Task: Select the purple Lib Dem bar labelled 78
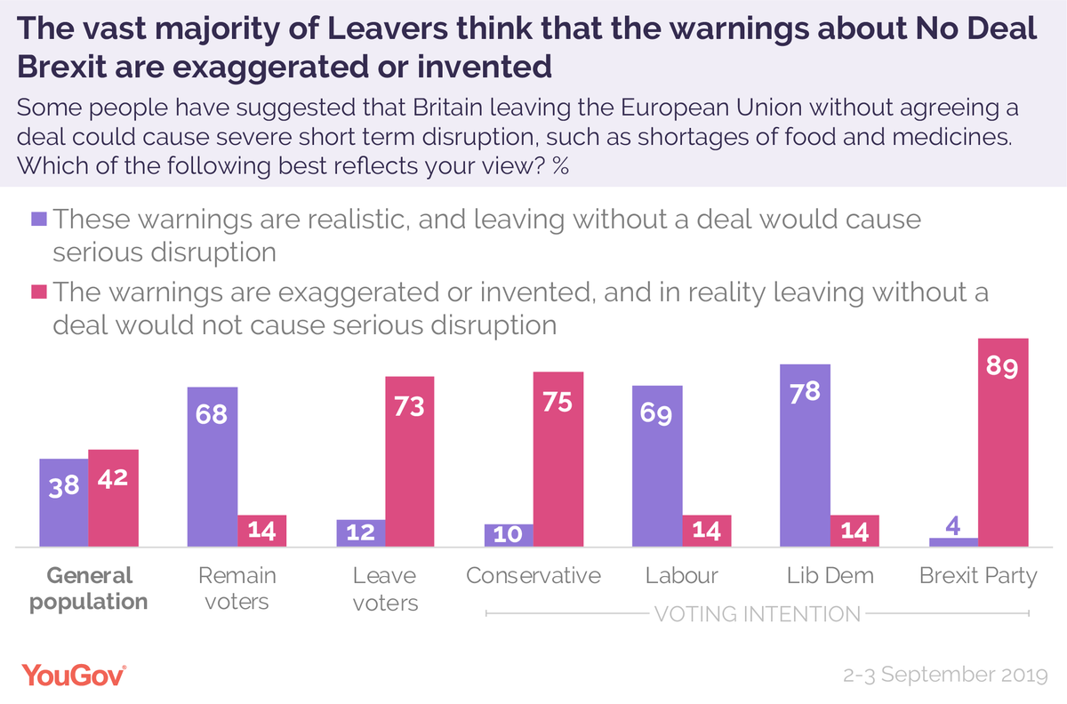tap(805, 455)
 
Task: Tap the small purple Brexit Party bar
tap(953, 541)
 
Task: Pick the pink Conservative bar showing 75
tap(558, 459)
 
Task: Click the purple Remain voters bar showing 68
tap(213, 467)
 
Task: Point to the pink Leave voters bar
tap(410, 461)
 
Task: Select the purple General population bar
tap(64, 502)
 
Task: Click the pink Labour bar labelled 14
tap(707, 531)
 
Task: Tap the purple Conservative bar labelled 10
tap(509, 534)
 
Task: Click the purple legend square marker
tap(38, 219)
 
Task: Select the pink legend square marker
tap(38, 291)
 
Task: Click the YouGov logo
tap(74, 675)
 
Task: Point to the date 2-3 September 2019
tap(946, 676)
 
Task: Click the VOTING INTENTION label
tap(757, 613)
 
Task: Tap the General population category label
tap(88, 588)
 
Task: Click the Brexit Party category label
tap(978, 575)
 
